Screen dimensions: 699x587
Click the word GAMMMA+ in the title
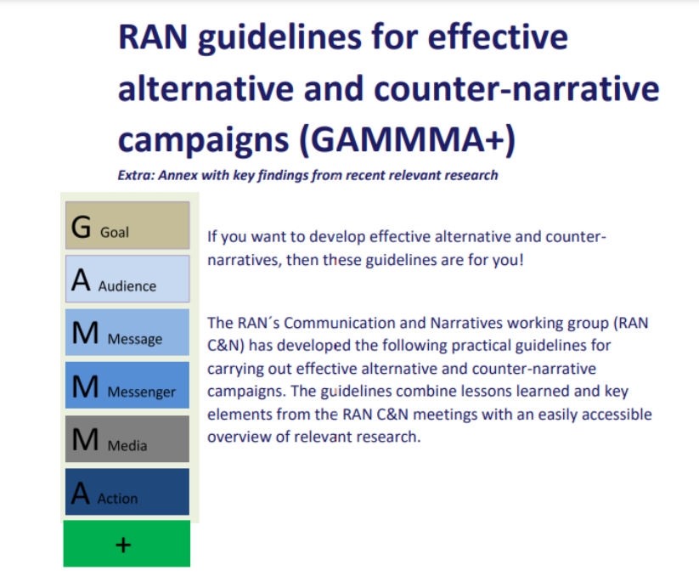[408, 139]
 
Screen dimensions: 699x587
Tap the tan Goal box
[127, 225]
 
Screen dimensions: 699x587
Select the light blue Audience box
[127, 279]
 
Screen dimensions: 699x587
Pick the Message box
[127, 332]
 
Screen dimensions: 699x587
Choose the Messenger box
[127, 385]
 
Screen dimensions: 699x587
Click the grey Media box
[127, 439]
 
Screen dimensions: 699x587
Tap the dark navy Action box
[127, 492]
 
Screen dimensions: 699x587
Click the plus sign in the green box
[123, 545]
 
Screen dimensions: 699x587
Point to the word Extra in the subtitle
[136, 175]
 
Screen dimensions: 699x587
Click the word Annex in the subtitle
[178, 175]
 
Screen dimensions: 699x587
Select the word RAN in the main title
[153, 37]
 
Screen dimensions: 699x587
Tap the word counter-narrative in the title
[516, 88]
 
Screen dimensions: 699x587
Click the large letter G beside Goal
[82, 227]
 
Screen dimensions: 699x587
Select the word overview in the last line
[240, 437]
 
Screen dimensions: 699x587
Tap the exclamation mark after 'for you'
[521, 259]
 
